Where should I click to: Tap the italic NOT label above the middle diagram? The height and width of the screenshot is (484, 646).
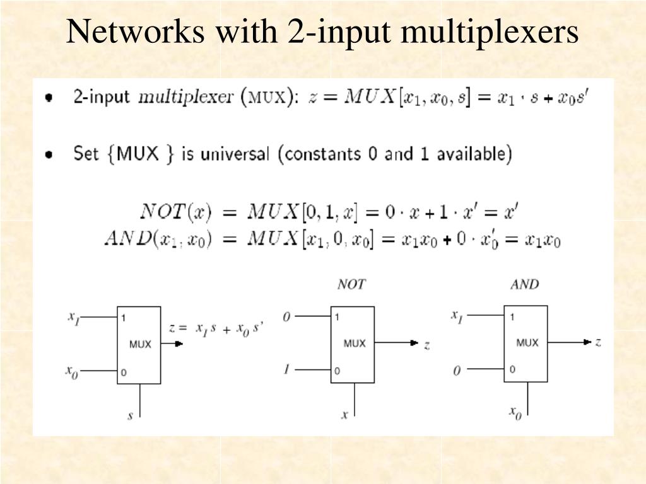pos(351,284)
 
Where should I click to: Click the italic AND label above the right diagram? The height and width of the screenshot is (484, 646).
pos(524,284)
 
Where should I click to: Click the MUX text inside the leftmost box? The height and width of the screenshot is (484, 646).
pos(140,344)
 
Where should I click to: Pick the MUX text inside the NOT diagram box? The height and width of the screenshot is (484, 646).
pos(355,343)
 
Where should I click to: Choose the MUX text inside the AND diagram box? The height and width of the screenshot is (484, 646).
pos(527,343)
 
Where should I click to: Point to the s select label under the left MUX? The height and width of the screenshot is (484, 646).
pos(130,416)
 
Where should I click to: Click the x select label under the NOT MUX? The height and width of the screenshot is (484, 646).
pos(344,415)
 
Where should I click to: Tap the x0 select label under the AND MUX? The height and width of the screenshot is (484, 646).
pos(515,413)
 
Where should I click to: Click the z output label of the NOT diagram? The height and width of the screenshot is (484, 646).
pos(427,344)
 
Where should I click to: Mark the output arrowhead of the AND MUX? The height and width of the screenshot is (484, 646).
pos(588,342)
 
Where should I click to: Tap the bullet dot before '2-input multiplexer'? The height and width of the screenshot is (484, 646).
pos(49,98)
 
